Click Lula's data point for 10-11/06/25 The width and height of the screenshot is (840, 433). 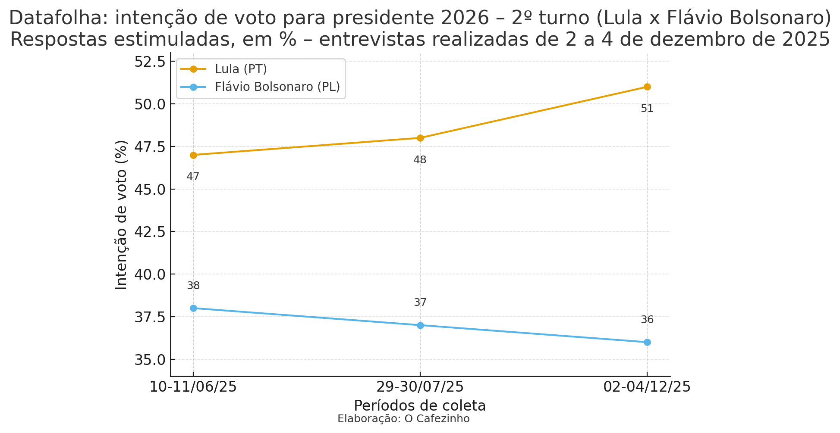tap(193, 155)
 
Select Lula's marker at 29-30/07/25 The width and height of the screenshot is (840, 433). tap(420, 138)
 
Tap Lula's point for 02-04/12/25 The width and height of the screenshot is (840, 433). tap(647, 87)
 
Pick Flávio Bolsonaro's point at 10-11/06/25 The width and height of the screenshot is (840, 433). tap(193, 308)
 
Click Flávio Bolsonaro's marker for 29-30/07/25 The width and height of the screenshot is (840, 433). tap(420, 325)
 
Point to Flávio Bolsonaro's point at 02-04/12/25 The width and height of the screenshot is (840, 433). tap(647, 342)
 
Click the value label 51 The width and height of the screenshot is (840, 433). tap(647, 109)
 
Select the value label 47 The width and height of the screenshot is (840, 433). tap(193, 177)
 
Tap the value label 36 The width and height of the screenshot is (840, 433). tap(647, 320)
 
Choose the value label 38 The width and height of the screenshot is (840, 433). tap(193, 286)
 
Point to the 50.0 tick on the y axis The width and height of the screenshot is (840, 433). tap(150, 104)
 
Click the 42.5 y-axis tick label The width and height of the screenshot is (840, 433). tap(150, 232)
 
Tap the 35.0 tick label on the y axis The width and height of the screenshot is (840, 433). tap(150, 360)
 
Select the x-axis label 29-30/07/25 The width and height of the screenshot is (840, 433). tap(420, 387)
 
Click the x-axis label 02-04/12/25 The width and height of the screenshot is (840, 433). tap(647, 387)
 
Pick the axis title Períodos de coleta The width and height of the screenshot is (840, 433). tap(420, 406)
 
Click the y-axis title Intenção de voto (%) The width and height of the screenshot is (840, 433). tap(122, 215)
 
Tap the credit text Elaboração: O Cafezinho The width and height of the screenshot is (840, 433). tap(403, 419)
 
